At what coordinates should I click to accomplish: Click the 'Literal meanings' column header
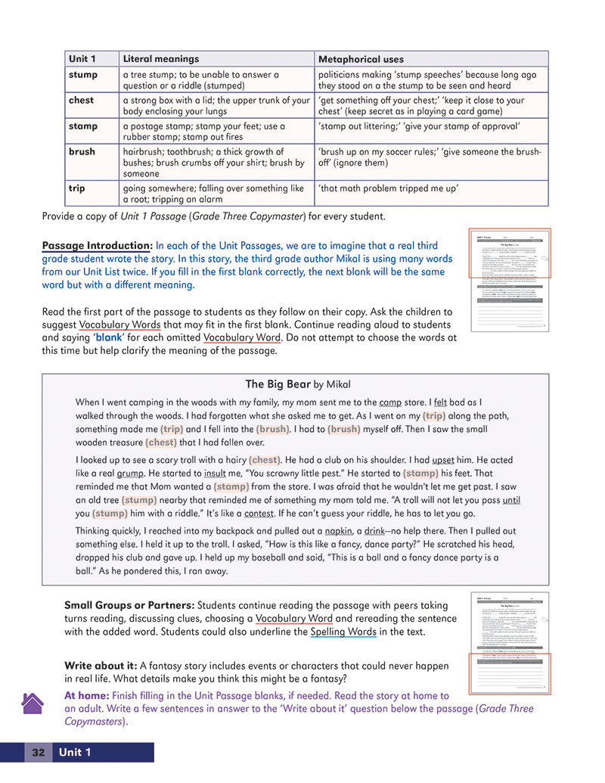[160, 59]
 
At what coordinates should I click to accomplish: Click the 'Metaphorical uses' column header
[361, 59]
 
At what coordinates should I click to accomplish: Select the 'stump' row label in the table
[82, 75]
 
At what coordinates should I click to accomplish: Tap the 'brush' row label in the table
[82, 151]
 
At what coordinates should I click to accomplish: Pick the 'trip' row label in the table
[76, 188]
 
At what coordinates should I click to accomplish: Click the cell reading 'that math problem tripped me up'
[388, 188]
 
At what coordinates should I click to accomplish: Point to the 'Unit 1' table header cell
[82, 59]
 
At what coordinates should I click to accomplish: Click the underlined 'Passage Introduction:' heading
[97, 246]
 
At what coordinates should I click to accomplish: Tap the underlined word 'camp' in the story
[390, 402]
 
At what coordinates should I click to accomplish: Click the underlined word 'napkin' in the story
[338, 530]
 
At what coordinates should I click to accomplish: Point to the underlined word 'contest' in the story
[259, 512]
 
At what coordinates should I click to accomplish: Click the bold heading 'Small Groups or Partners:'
[129, 605]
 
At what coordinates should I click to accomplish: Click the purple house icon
[33, 704]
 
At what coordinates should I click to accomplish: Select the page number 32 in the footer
[38, 752]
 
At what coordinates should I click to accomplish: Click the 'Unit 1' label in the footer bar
[75, 752]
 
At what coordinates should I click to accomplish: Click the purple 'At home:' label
[86, 695]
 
